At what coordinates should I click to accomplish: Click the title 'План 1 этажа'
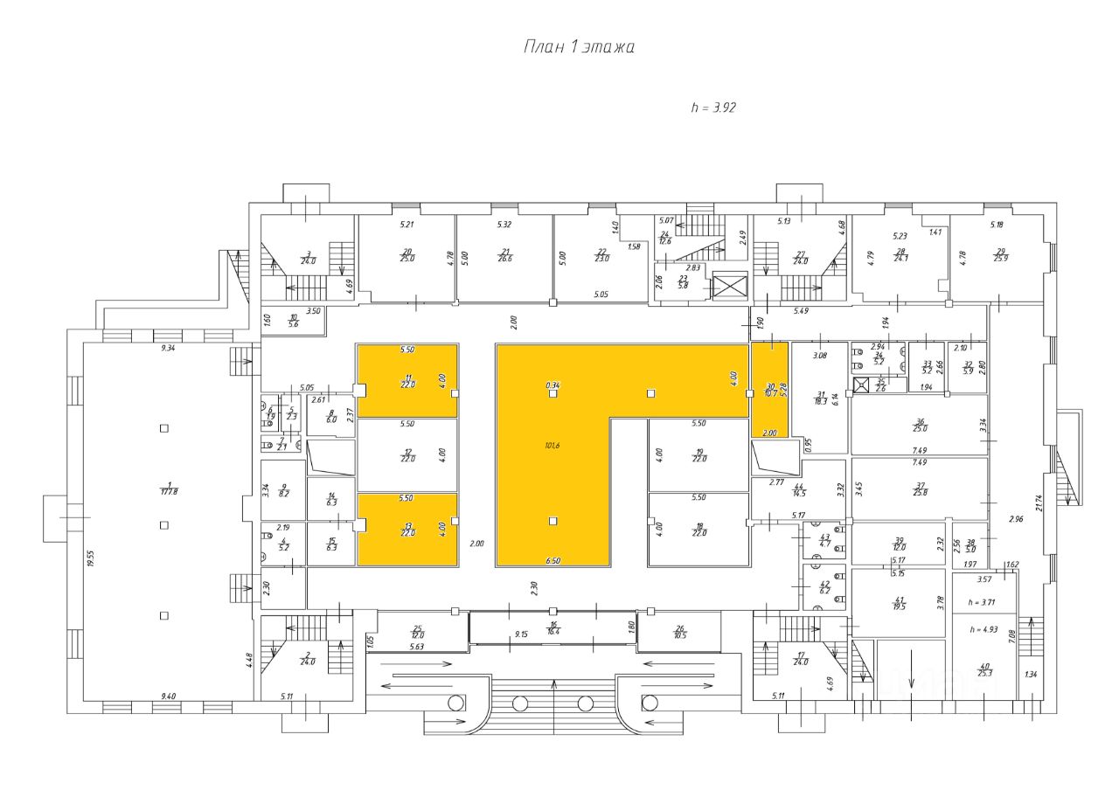[x=579, y=47]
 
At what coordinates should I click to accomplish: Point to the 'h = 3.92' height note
[x=713, y=108]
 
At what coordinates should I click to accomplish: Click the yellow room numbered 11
[x=407, y=380]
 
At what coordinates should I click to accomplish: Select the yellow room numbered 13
[x=407, y=529]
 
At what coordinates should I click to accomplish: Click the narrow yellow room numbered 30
[x=770, y=390]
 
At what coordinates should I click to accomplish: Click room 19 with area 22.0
[x=699, y=455]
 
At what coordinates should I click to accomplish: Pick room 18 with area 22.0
[x=699, y=530]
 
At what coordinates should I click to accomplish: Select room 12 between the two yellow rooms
[x=407, y=454]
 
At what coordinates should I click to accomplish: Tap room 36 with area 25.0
[x=920, y=426]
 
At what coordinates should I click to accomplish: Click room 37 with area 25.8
[x=920, y=489]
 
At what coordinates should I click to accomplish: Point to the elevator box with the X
[x=726, y=286]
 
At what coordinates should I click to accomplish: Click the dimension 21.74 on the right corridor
[x=1038, y=502]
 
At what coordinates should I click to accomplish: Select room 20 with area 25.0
[x=407, y=255]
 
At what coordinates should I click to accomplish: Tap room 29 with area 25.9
[x=1000, y=255]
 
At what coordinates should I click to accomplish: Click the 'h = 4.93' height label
[x=983, y=629]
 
